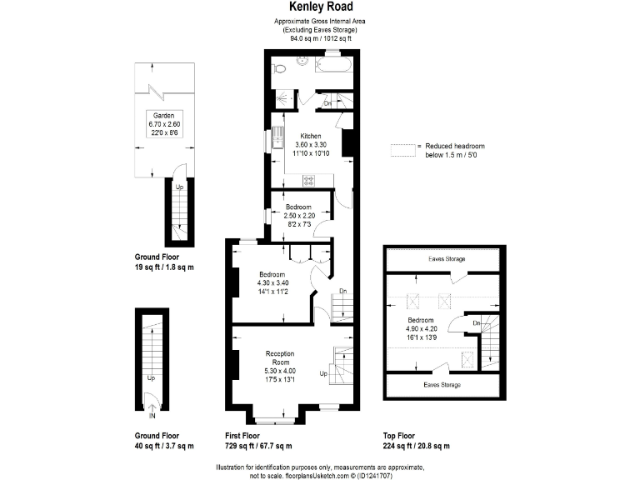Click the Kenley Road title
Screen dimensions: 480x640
coord(320,7)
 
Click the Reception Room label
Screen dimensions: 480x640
coord(279,357)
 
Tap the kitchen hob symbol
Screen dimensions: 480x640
coord(308,179)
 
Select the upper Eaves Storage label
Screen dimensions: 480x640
coord(447,259)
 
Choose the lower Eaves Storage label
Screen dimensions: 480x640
coord(442,385)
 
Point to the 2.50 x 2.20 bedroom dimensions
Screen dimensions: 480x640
coord(297,215)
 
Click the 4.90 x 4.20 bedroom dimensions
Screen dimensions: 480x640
coord(420,328)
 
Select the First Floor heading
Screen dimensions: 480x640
coord(243,436)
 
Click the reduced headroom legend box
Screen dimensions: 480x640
coord(402,149)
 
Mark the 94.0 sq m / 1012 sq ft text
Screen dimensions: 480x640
coord(320,37)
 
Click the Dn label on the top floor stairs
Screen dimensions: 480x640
coord(477,322)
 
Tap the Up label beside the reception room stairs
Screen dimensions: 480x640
coord(323,374)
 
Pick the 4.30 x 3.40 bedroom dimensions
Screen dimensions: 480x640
coord(272,283)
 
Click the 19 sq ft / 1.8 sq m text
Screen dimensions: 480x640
coord(164,267)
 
